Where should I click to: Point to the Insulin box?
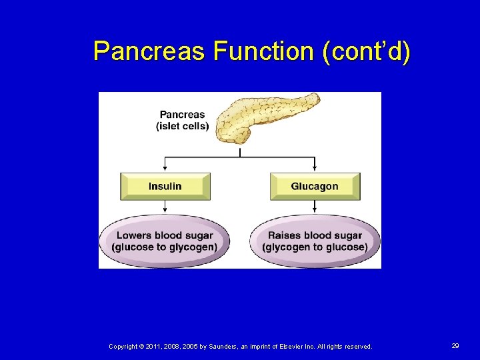165,187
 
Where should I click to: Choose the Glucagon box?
315,187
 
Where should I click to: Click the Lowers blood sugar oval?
165,241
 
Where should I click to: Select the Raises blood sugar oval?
315,241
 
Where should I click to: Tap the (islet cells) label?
182,126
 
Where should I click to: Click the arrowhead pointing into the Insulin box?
165,169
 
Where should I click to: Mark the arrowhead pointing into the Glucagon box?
315,169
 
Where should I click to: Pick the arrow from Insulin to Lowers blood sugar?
165,207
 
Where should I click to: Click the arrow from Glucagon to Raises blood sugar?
315,207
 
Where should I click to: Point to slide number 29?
455,346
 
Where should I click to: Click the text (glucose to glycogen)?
165,247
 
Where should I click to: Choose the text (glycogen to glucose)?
315,247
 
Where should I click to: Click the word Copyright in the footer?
123,347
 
